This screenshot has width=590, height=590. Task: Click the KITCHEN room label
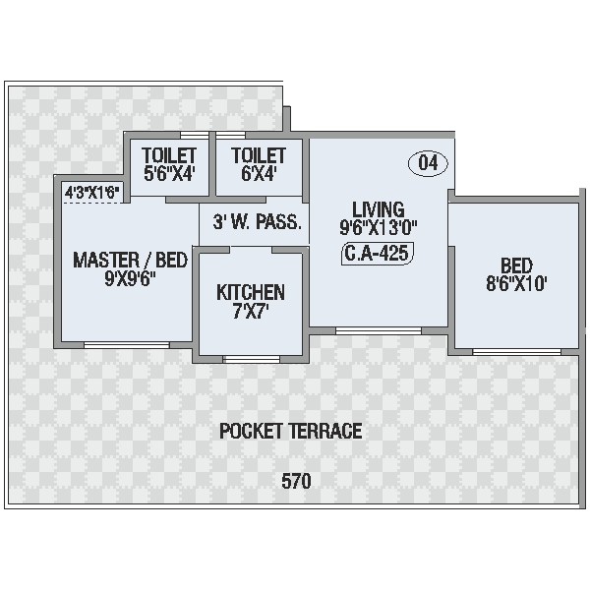coord(251,293)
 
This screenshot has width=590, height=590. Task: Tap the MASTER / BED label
coord(130,260)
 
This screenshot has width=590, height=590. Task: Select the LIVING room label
coord(379,209)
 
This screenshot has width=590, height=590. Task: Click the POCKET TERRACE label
coord(290,432)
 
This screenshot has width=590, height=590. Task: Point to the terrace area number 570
coord(296,481)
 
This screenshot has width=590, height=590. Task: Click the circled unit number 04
coord(428,163)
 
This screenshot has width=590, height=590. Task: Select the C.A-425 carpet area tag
coord(378,254)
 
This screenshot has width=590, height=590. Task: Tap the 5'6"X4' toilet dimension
coord(169,174)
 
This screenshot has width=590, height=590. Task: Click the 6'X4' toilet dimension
coord(259,174)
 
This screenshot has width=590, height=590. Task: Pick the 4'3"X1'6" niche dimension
coord(92,193)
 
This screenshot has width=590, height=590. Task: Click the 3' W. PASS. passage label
coord(258,222)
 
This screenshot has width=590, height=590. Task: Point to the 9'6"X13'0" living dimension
coord(379,228)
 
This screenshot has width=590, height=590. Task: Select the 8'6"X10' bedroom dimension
coord(516,283)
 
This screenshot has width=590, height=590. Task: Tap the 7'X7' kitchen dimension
coord(251,312)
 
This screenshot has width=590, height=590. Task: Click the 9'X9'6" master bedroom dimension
coord(130,279)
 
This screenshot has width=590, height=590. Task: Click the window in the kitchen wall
coord(252,359)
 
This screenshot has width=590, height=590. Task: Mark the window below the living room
coord(379,330)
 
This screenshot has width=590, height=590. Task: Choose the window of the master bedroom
coord(127,345)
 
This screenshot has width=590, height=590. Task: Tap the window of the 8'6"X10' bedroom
coord(516,352)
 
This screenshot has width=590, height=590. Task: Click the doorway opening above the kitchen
coord(251,250)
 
